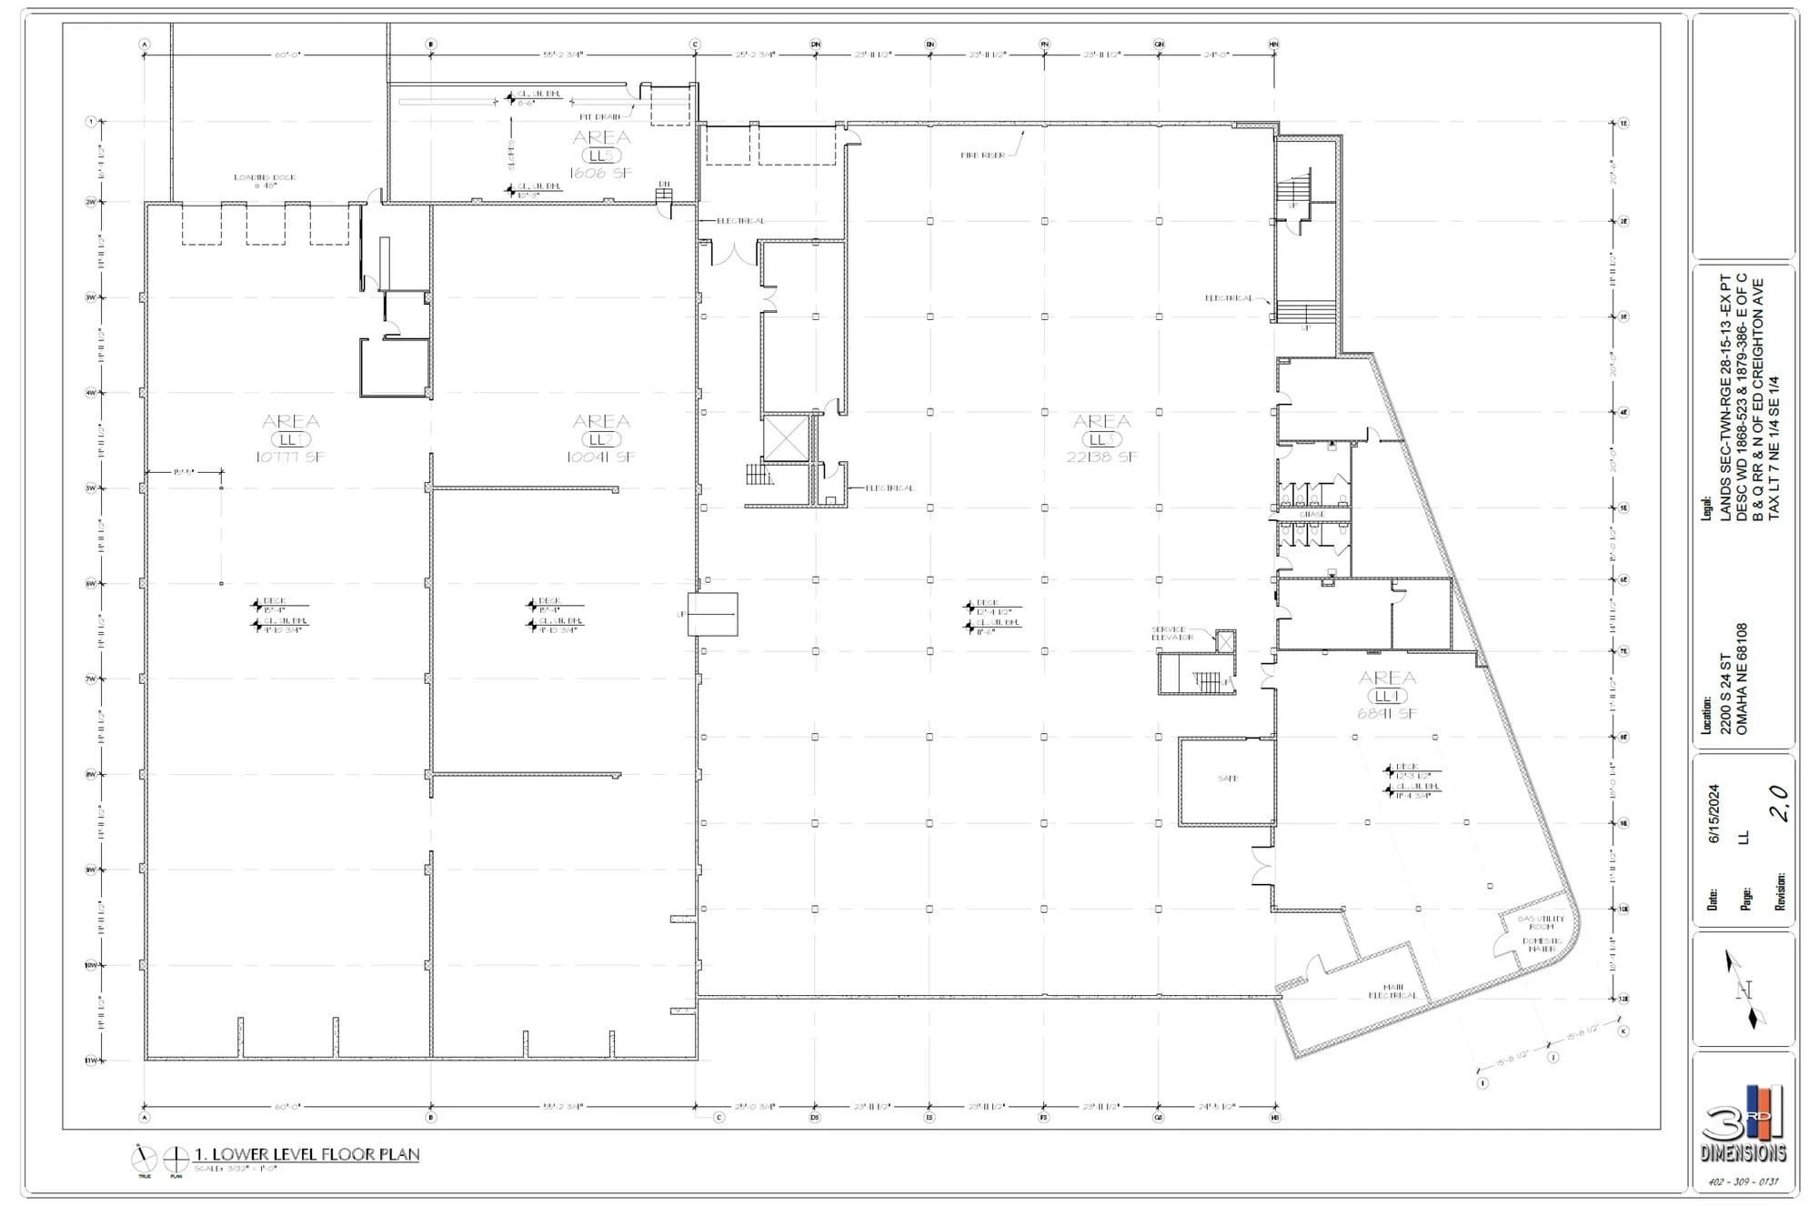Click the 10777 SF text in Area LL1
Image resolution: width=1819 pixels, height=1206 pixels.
pos(290,457)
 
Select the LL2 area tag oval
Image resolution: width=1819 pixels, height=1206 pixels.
pos(600,439)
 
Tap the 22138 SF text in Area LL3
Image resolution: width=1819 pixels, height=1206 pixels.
pos(1101,457)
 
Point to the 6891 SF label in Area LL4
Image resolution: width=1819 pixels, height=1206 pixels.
pos(1387,714)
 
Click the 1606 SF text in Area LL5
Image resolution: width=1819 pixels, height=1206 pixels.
pos(600,173)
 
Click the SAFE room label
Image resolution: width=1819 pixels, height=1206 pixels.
pos(1227,779)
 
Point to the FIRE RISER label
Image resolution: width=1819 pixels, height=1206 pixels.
pos(982,156)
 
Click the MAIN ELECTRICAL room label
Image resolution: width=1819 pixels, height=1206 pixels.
pos(1392,991)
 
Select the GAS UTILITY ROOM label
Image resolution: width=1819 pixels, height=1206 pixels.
pos(1541,922)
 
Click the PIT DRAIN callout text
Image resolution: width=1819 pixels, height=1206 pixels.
pos(599,116)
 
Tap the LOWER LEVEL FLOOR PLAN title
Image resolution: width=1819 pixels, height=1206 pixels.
pos(307,1154)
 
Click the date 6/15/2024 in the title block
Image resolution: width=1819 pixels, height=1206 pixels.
pos(1714,814)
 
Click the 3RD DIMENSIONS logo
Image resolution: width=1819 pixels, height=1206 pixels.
pos(1744,1124)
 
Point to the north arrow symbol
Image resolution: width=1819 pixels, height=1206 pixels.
pos(1744,990)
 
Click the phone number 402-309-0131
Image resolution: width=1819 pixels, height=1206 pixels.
pos(1743,1182)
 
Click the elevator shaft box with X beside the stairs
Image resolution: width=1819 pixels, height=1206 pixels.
pos(786,438)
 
